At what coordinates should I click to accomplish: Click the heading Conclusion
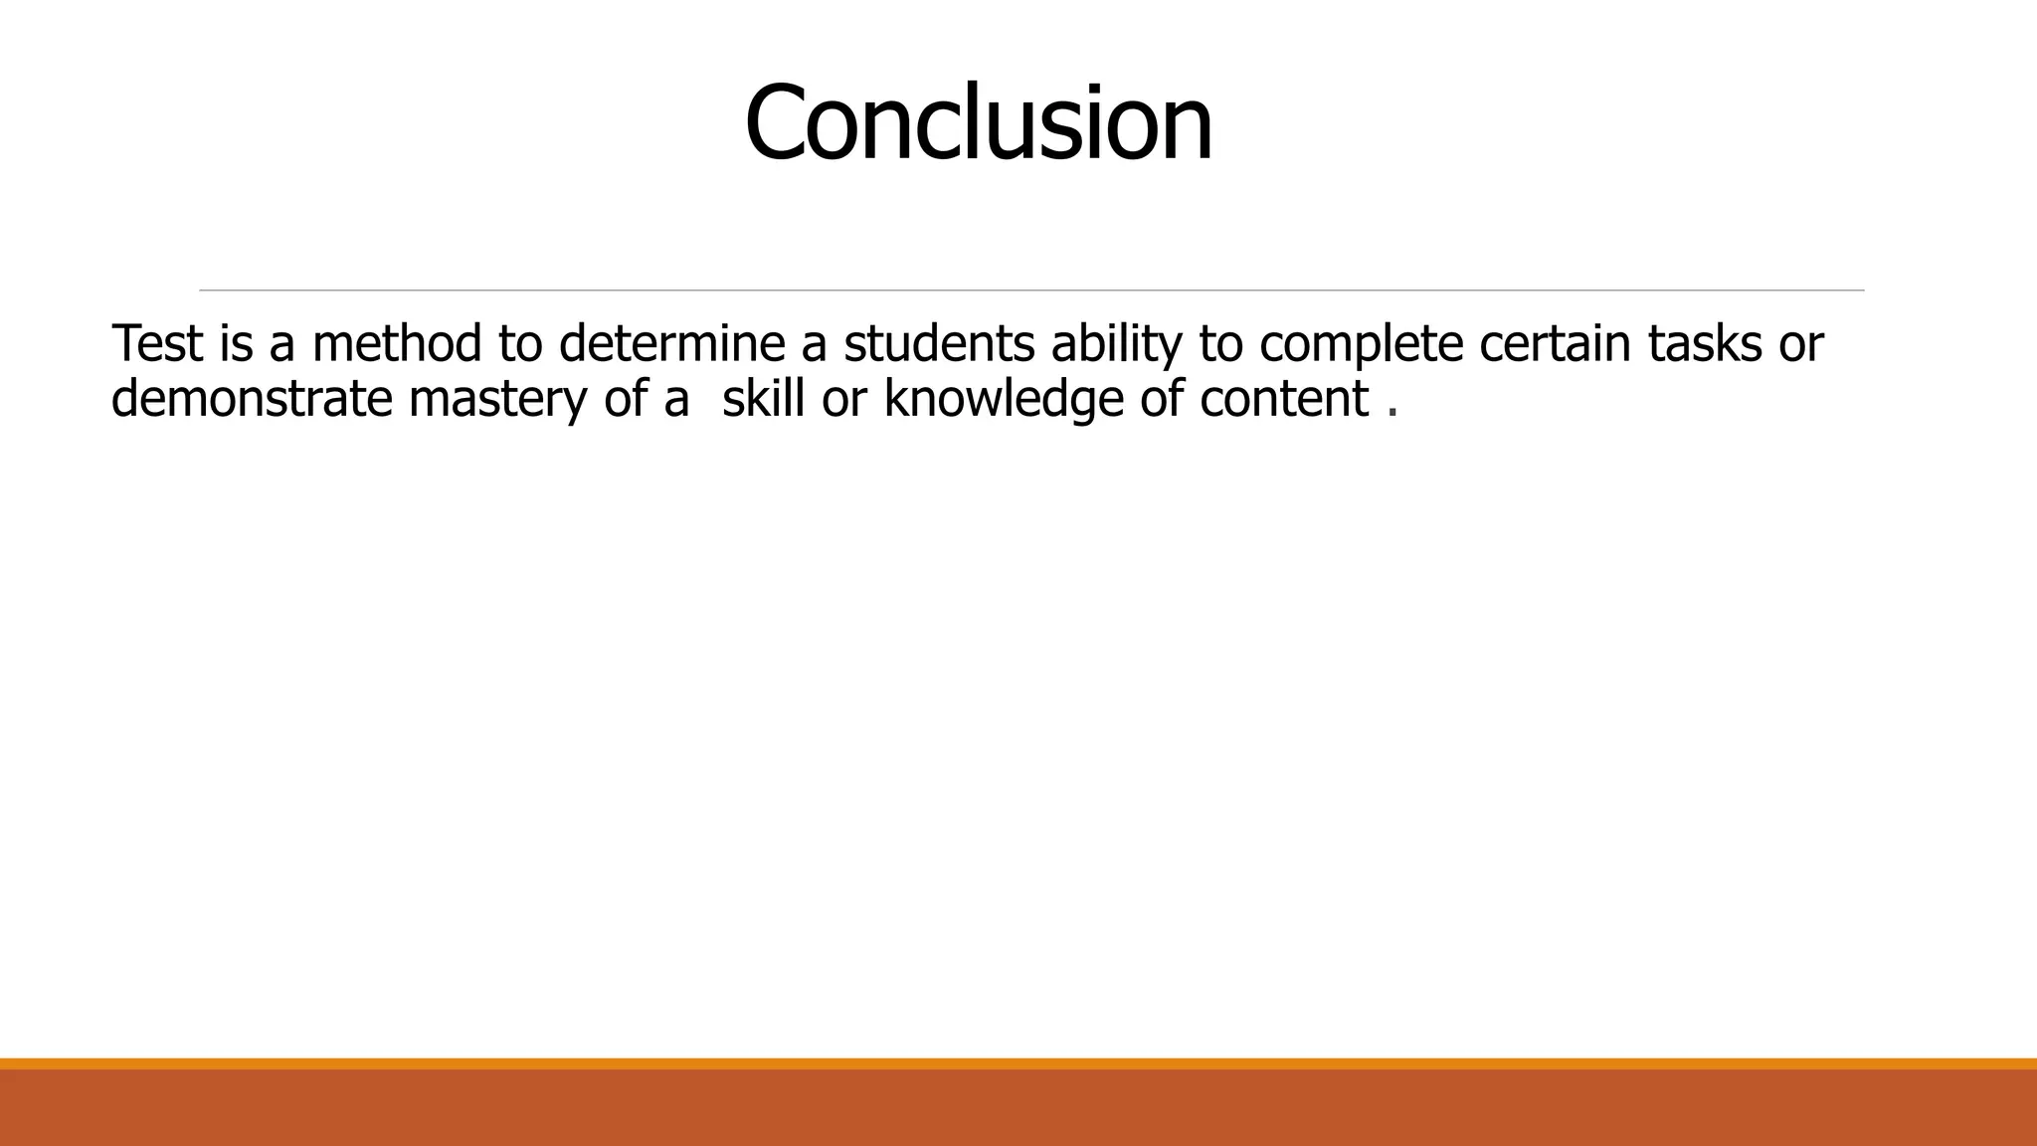pyautogui.click(x=979, y=123)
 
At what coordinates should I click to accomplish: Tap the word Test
pyautogui.click(x=157, y=343)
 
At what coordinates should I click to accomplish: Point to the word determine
pyautogui.click(x=672, y=343)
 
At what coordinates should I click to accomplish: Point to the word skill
pyautogui.click(x=763, y=399)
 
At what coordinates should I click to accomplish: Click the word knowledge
pyautogui.click(x=1004, y=401)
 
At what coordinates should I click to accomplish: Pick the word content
pyautogui.click(x=1284, y=399)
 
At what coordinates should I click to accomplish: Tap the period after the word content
pyautogui.click(x=1392, y=413)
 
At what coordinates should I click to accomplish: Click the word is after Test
pyautogui.click(x=237, y=343)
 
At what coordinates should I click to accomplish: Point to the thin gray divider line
pyautogui.click(x=1031, y=290)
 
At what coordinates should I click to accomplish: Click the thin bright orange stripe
pyautogui.click(x=1018, y=1063)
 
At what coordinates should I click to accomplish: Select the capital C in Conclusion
pyautogui.click(x=774, y=123)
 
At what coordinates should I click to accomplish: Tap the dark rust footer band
pyautogui.click(x=1018, y=1108)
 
